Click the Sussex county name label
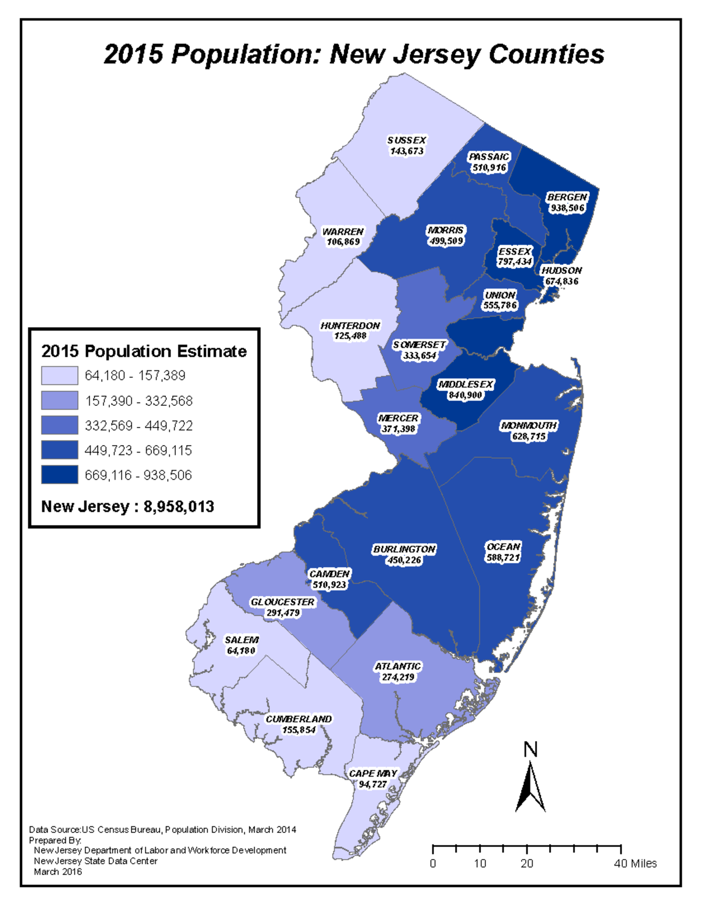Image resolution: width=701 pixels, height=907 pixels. click(407, 140)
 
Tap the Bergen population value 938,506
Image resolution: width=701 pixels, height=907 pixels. click(567, 208)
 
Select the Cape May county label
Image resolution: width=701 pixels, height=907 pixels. click(373, 773)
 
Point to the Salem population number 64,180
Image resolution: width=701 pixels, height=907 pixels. click(241, 651)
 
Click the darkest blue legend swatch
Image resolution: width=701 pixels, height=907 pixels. click(60, 475)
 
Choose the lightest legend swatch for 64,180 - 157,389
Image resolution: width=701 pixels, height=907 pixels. click(60, 376)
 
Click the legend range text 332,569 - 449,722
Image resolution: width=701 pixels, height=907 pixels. click(138, 426)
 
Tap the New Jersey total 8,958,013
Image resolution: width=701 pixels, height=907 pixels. click(179, 506)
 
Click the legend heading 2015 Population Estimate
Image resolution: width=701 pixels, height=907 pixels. click(144, 351)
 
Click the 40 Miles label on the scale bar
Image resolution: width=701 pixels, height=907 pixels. click(635, 863)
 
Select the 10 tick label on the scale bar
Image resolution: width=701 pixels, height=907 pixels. click(480, 863)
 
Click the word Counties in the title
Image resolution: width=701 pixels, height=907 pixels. click(546, 54)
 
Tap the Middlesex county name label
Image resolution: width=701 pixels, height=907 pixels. click(466, 384)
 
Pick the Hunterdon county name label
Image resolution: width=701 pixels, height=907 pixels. click(350, 325)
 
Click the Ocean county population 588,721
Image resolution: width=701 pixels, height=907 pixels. click(503, 558)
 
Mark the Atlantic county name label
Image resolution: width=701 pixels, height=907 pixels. click(397, 666)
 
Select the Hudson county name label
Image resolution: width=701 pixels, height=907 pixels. click(561, 270)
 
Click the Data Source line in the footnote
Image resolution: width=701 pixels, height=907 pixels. click(162, 829)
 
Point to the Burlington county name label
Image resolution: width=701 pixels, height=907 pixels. click(404, 549)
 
